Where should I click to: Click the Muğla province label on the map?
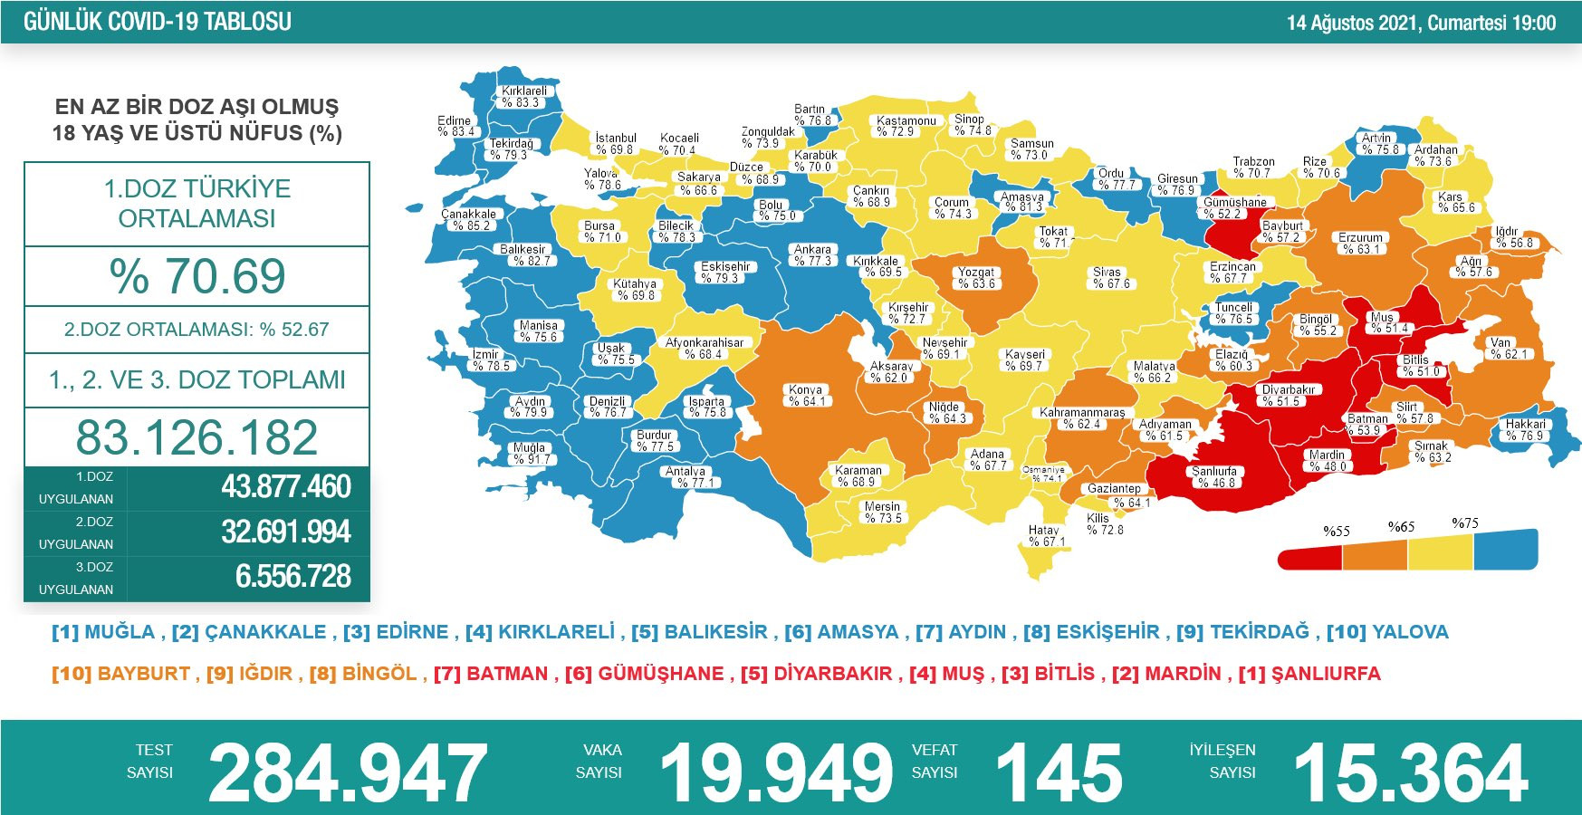pos(530,454)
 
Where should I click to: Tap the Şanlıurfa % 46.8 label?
pos(1213,477)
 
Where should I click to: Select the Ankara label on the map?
pos(812,255)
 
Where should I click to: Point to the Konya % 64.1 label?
pos(805,396)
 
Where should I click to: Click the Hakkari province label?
pos(1526,430)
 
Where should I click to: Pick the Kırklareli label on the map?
pos(524,97)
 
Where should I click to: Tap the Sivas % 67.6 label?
pos(1107,278)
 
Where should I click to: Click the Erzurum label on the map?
pos(1360,244)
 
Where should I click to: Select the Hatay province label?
pos(1045,536)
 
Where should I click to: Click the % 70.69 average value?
pos(197,276)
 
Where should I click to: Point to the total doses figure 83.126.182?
pos(197,437)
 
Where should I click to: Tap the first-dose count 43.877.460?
pos(286,487)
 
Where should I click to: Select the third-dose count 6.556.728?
pos(292,577)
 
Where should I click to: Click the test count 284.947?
pos(348,772)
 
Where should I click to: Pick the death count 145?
pos(1059,772)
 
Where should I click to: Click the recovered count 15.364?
pos(1411,772)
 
